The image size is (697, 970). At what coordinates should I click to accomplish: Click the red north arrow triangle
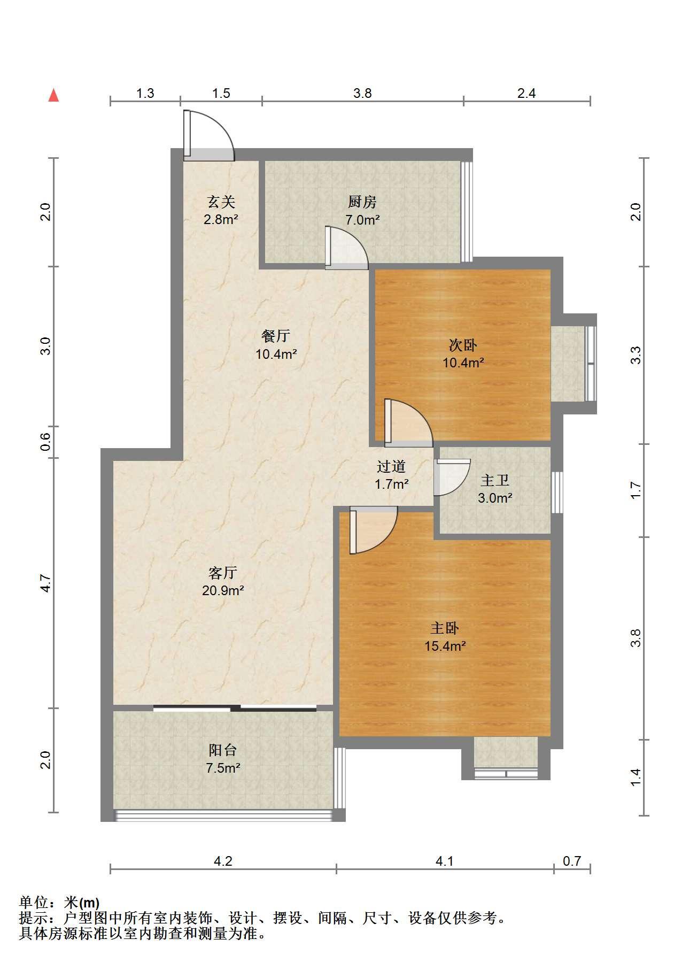[x=53, y=95]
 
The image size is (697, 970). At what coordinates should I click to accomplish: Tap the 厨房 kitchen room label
[x=362, y=202]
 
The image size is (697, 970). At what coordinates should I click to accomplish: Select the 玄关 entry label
[x=221, y=202]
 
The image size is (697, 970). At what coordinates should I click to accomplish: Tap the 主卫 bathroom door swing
[x=452, y=477]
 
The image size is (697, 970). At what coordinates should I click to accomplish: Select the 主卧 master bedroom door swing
[x=373, y=530]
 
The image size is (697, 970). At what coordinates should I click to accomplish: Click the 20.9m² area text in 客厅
[x=223, y=590]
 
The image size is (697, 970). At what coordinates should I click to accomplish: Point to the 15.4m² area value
[x=445, y=645]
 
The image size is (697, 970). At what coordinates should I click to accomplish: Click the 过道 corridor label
[x=391, y=466]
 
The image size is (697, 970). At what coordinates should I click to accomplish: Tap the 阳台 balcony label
[x=222, y=750]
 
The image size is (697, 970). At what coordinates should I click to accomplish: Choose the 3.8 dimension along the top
[x=362, y=93]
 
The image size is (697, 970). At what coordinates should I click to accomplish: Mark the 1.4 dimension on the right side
[x=636, y=777]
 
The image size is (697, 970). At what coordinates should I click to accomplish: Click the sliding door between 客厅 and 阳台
[x=235, y=709]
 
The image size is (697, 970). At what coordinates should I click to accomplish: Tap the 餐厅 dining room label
[x=276, y=335]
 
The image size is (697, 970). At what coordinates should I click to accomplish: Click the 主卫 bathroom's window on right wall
[x=557, y=492]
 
